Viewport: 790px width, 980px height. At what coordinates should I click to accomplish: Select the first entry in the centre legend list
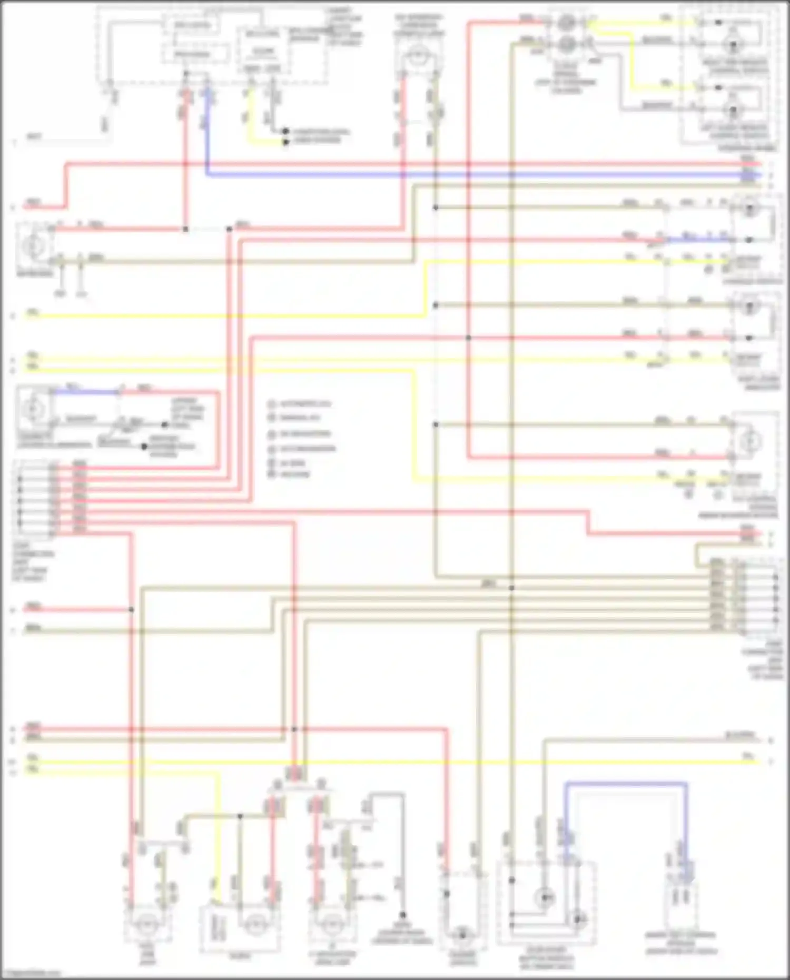[300, 404]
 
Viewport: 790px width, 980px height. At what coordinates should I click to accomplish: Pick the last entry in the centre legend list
[290, 474]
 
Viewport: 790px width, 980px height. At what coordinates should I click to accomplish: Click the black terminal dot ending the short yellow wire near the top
[285, 142]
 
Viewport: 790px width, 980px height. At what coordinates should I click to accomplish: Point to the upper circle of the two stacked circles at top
[568, 23]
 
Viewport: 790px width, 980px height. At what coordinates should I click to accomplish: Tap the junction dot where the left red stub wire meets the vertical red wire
[132, 610]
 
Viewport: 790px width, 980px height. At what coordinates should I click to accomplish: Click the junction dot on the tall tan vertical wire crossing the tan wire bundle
[511, 588]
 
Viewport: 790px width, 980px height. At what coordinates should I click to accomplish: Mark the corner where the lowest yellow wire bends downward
[216, 773]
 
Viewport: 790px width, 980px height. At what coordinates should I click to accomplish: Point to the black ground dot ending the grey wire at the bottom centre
[402, 915]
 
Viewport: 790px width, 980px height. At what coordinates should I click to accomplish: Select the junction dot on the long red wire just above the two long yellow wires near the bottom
[294, 729]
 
